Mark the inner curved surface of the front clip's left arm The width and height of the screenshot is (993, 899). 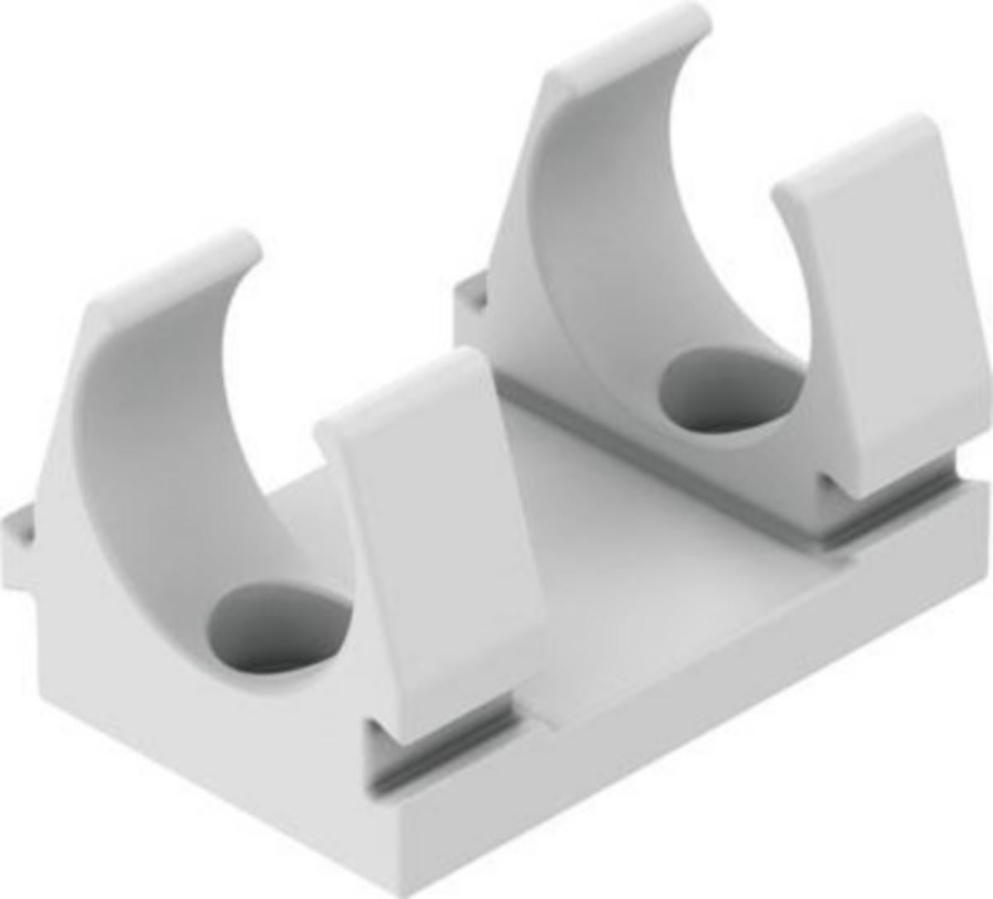click(157, 464)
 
